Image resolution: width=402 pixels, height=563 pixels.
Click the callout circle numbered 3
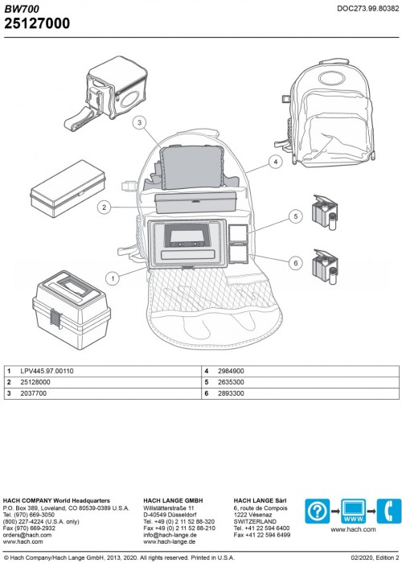(x=140, y=123)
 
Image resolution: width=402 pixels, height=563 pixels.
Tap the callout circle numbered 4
(x=276, y=162)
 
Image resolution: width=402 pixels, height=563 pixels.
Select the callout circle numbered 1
(x=113, y=278)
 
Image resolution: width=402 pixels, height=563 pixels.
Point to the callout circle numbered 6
(x=296, y=263)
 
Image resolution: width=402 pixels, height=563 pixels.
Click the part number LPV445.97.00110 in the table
(x=47, y=372)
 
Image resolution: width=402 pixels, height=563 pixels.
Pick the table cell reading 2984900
(x=231, y=372)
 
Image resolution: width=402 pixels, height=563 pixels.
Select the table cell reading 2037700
(x=34, y=393)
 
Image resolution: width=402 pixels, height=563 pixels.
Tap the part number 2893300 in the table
(x=231, y=393)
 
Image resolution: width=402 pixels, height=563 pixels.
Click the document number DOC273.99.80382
(x=368, y=9)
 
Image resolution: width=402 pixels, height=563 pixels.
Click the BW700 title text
(x=22, y=9)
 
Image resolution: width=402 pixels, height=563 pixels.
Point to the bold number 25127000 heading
(x=37, y=23)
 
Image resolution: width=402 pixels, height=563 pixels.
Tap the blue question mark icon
(x=318, y=511)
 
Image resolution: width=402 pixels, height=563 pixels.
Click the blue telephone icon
(x=389, y=511)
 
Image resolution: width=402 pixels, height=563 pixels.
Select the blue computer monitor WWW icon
(x=353, y=511)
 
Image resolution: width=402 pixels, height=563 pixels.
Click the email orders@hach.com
(x=27, y=535)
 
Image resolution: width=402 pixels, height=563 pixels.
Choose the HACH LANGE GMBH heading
(x=173, y=500)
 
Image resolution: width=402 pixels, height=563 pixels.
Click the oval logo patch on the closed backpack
(x=331, y=78)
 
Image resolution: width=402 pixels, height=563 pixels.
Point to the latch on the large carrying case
(x=56, y=318)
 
